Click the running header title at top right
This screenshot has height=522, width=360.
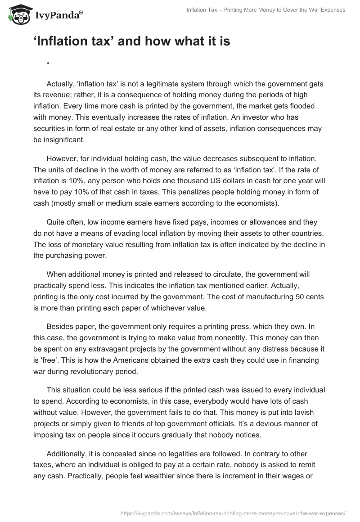pos(266,10)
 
